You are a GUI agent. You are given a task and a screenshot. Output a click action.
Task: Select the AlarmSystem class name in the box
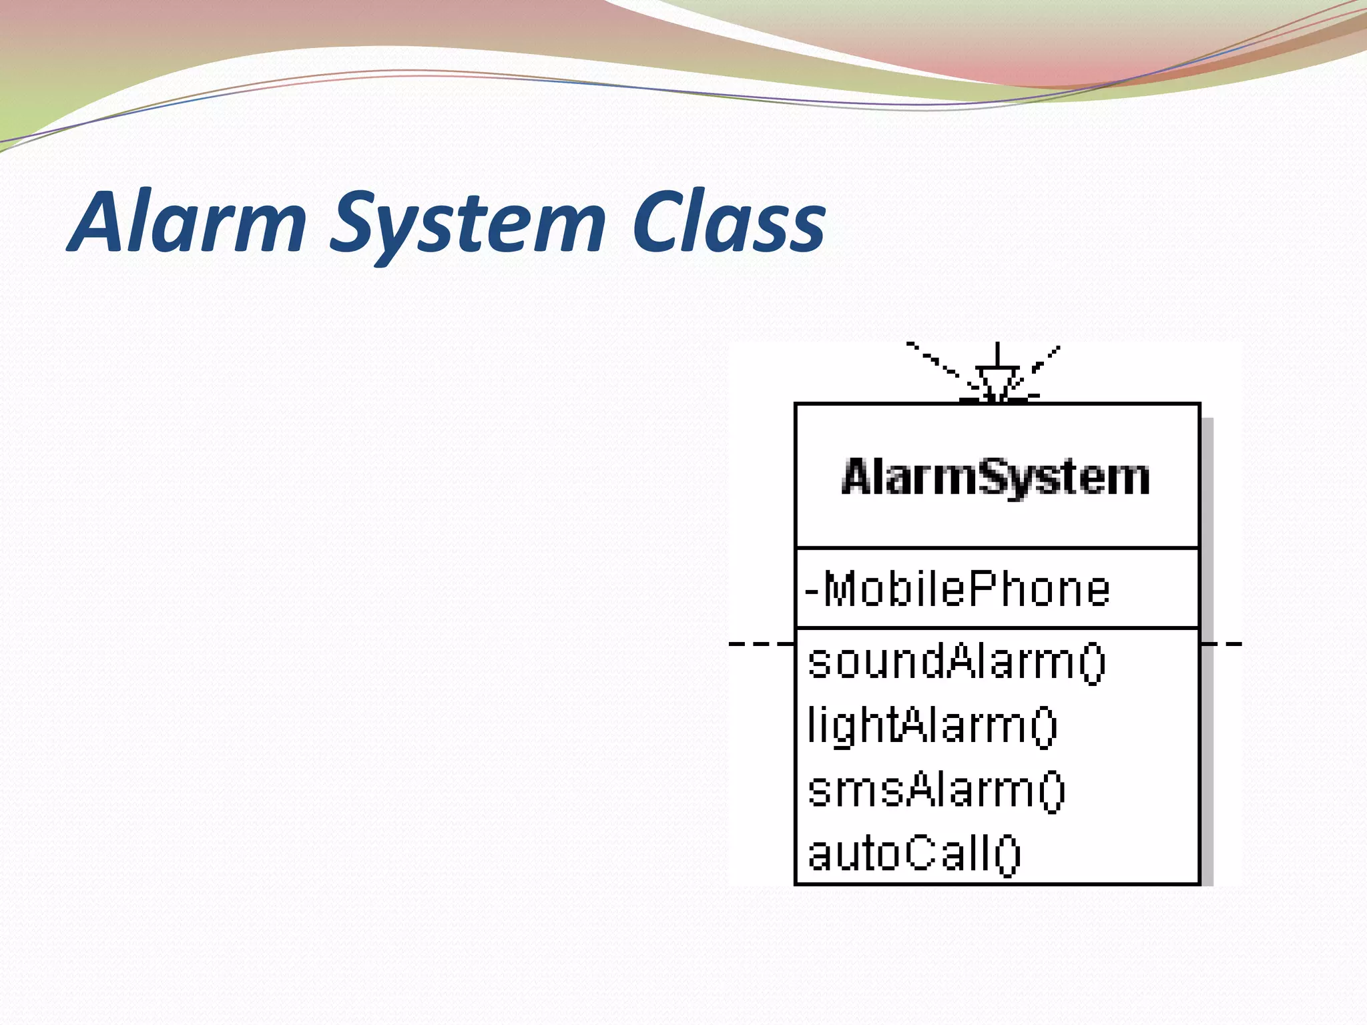pos(996,478)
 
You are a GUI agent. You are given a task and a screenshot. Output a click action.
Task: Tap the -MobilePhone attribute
pos(957,589)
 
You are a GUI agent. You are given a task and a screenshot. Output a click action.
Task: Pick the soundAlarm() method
pos(956,663)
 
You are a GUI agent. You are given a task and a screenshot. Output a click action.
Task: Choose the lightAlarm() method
pos(932,726)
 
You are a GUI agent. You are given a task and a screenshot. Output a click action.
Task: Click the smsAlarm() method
pos(936,790)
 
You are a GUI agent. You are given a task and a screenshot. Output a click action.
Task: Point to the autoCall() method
pos(913,853)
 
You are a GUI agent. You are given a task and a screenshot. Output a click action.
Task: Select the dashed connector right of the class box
pos(1221,644)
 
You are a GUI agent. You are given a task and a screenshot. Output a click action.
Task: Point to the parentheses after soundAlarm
pos(1092,663)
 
